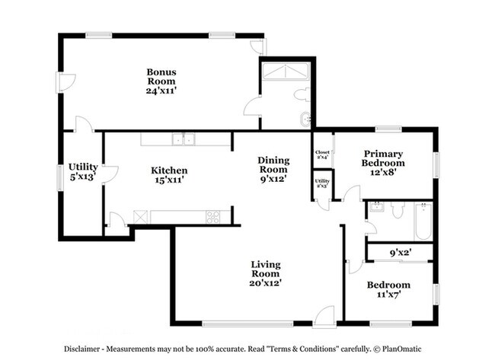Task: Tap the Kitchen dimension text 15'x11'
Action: pyautogui.click(x=169, y=180)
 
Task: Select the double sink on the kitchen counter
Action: pyautogui.click(x=182, y=139)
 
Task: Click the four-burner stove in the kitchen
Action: pyautogui.click(x=213, y=217)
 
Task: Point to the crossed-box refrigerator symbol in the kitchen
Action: pyautogui.click(x=141, y=217)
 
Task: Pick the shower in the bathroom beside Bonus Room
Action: pyautogui.click(x=284, y=72)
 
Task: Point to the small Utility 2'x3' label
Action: pyautogui.click(x=321, y=183)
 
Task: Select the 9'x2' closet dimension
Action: pyautogui.click(x=401, y=251)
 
